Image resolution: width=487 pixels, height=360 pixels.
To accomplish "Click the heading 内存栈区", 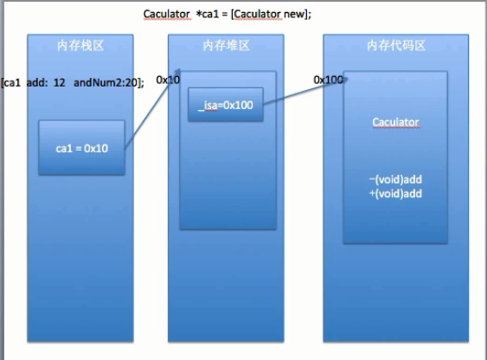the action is (x=80, y=46).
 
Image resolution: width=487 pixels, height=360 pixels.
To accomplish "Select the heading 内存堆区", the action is (x=226, y=46).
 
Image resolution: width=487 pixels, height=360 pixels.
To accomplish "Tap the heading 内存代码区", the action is (x=396, y=46).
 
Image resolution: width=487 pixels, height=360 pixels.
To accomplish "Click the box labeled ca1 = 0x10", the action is (x=81, y=148).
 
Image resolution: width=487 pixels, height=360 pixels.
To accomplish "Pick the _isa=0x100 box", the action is (x=226, y=105).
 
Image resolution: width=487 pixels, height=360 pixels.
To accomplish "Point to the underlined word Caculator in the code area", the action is (x=395, y=122).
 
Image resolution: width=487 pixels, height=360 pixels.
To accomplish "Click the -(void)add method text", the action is (x=395, y=179).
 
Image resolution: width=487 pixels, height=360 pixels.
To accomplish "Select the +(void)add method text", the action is (x=395, y=194).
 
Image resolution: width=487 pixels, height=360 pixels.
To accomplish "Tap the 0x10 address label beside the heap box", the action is (x=168, y=80).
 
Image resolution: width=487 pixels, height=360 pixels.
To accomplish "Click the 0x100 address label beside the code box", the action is (x=329, y=80).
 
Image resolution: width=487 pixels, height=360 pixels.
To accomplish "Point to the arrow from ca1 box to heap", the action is (x=152, y=109).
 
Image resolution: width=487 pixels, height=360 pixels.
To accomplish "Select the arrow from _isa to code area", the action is (x=305, y=92).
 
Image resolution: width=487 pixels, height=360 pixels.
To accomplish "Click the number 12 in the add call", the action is (x=60, y=82).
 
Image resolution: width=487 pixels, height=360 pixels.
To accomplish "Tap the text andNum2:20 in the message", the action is (x=106, y=82).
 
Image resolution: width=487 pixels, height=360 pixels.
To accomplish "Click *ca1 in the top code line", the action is (x=207, y=14).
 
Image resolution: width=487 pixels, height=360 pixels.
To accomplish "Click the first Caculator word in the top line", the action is (x=166, y=14).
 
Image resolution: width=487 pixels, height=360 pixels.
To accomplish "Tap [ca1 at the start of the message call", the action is (x=11, y=82).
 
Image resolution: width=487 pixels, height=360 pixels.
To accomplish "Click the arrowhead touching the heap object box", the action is (x=176, y=74).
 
